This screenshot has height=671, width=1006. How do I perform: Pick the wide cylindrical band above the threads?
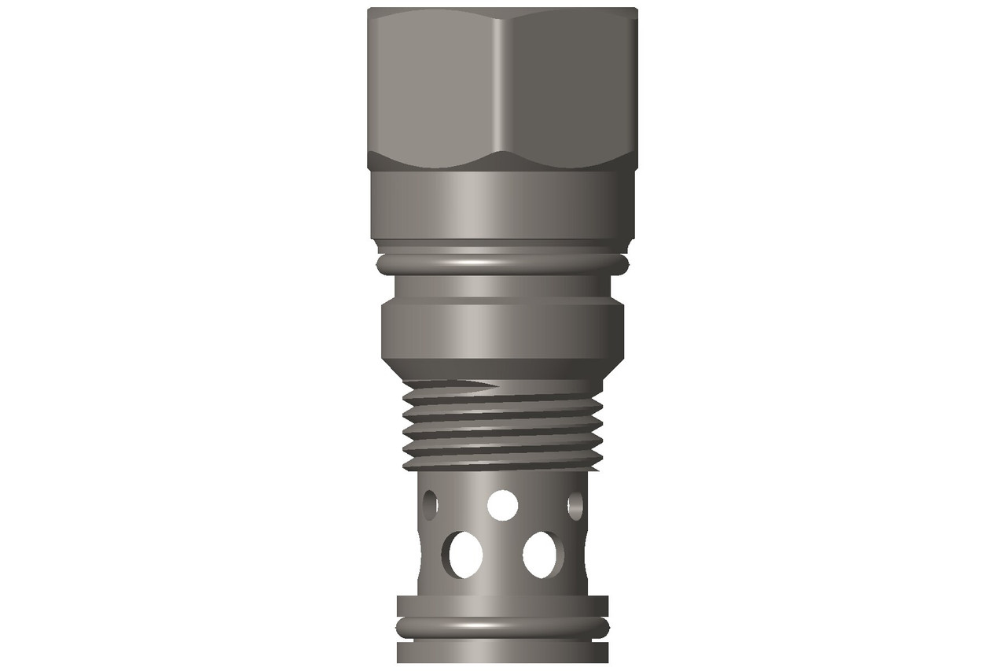[x=503, y=330]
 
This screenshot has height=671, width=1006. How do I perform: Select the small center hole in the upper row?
[x=502, y=504]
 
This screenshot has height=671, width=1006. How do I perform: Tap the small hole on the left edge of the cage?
[x=430, y=504]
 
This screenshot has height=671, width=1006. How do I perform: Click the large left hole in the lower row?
[x=465, y=553]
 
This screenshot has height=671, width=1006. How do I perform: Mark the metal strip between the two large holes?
[x=503, y=555]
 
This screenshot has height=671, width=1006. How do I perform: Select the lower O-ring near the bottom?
[x=503, y=625]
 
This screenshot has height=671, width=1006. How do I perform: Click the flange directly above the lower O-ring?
[x=503, y=606]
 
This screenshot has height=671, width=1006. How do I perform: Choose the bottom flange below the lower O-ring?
[x=503, y=653]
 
